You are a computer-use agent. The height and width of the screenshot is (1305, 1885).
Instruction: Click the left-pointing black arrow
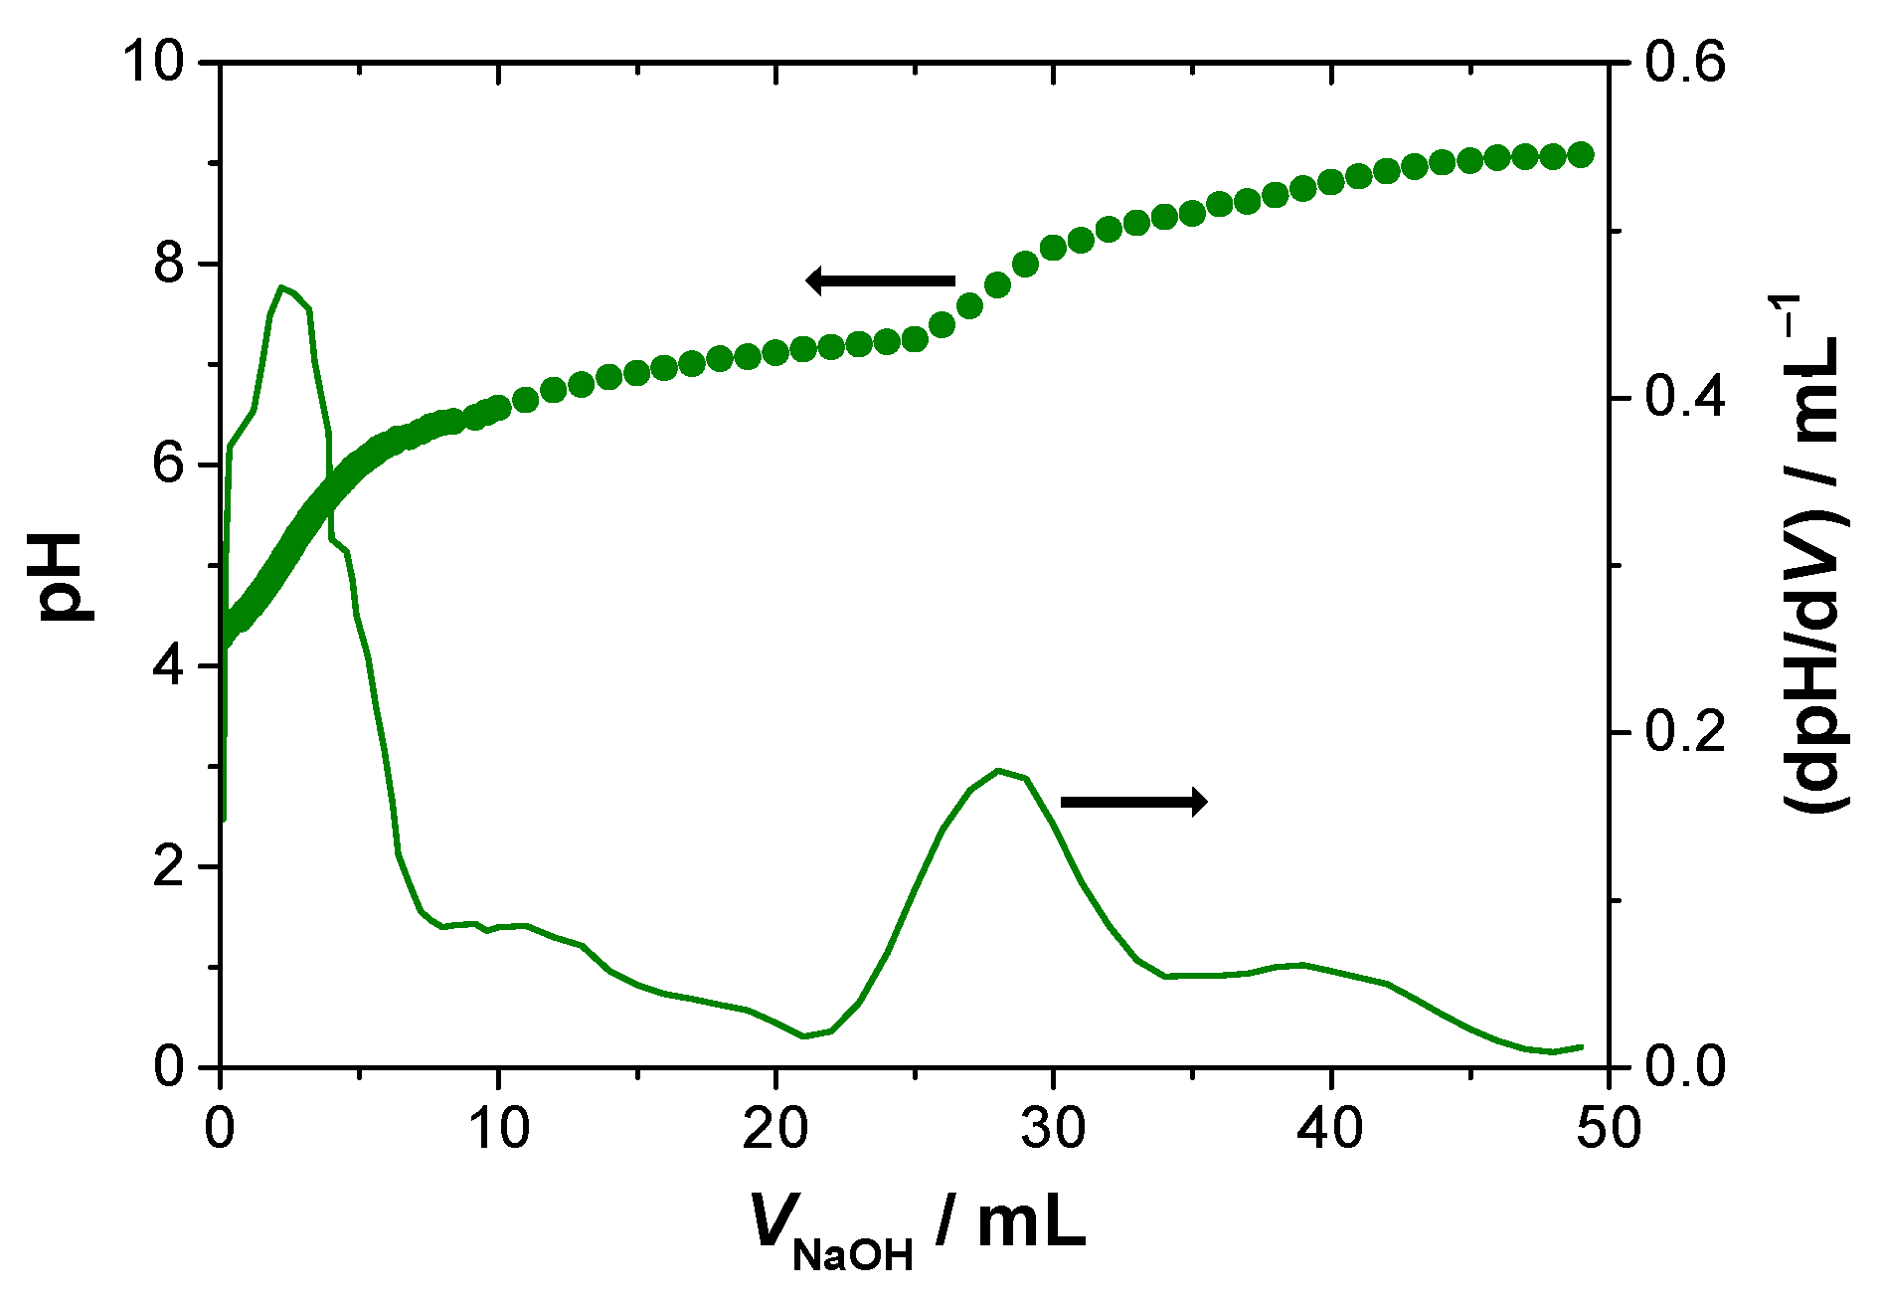point(880,281)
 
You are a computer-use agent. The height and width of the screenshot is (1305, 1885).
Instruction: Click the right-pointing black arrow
point(1134,801)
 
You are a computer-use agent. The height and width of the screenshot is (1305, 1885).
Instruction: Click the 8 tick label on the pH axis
point(169,265)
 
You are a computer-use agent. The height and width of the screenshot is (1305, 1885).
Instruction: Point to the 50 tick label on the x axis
point(1608,1129)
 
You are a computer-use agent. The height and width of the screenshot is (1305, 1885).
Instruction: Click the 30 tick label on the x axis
point(1054,1129)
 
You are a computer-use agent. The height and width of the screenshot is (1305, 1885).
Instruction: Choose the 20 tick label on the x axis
point(775,1129)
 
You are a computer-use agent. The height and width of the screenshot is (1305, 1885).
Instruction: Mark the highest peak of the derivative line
point(282,287)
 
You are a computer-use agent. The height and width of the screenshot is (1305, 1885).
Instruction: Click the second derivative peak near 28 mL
point(998,770)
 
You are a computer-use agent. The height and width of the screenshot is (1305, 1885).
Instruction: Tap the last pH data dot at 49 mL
point(1581,154)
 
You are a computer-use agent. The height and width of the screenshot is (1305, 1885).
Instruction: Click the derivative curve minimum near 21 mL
point(803,1036)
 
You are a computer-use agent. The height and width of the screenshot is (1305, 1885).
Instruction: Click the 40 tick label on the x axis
point(1331,1129)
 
